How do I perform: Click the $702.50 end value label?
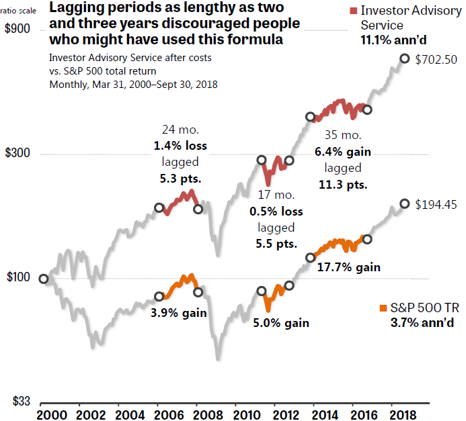(436, 59)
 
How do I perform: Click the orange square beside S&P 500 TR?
(384, 308)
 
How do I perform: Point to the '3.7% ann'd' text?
(421, 323)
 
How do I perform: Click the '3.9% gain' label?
(178, 312)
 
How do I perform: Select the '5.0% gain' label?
(281, 323)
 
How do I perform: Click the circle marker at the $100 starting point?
(44, 279)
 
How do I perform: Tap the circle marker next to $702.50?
(405, 58)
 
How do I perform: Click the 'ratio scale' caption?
(19, 11)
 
